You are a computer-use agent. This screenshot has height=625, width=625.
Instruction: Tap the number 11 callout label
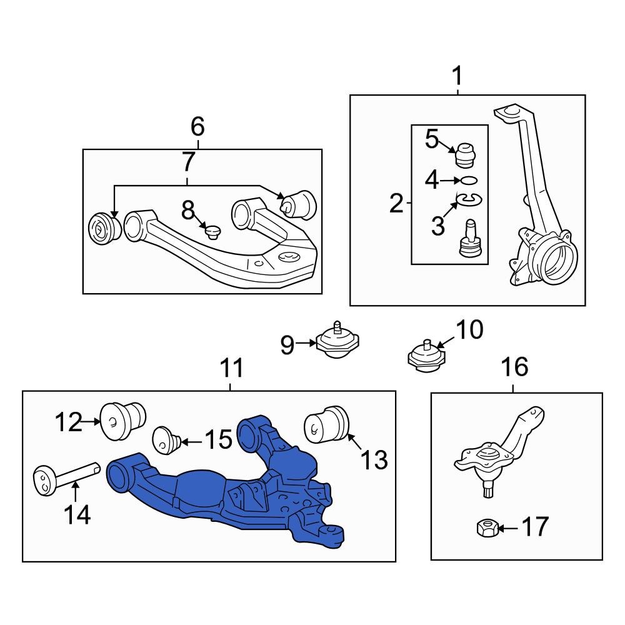[231, 369]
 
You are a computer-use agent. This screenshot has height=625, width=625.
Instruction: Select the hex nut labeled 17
[487, 529]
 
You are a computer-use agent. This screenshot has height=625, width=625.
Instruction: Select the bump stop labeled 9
[338, 342]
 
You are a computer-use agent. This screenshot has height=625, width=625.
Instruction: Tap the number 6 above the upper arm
[197, 127]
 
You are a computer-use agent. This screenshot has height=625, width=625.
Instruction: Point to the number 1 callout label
[457, 77]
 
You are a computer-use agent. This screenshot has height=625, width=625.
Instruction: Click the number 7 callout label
[188, 162]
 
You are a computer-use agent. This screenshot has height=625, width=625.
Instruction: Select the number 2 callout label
[396, 203]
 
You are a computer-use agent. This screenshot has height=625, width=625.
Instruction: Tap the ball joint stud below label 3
[469, 237]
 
